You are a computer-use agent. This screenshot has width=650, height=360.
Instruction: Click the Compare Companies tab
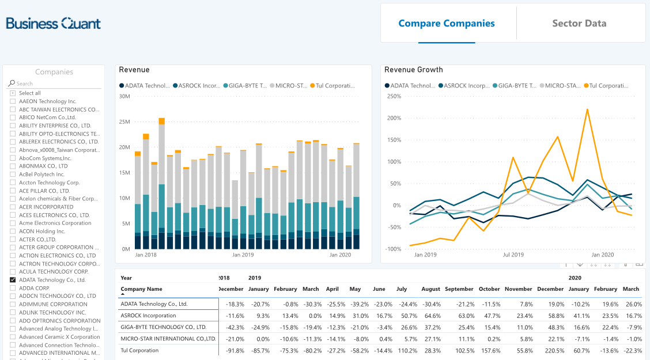tap(447, 24)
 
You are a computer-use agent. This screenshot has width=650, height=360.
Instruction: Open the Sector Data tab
tap(579, 24)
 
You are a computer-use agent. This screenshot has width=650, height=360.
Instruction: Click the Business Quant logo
tap(53, 24)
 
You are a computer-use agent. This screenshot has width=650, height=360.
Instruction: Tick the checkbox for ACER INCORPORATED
tap(13, 207)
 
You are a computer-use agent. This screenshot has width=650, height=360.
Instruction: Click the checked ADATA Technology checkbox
tap(13, 280)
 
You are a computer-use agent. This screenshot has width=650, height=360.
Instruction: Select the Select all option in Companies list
tap(13, 93)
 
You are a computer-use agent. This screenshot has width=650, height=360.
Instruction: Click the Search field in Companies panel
tap(55, 84)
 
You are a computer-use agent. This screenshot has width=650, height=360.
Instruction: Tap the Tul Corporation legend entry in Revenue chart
tap(335, 86)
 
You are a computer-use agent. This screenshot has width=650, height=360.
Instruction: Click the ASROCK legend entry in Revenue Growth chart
tap(464, 86)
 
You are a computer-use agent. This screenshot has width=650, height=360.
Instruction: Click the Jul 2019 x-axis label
tap(513, 255)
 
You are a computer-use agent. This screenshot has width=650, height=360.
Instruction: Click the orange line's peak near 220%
tap(587, 109)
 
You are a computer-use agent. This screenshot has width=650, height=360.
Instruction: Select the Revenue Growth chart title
tap(414, 70)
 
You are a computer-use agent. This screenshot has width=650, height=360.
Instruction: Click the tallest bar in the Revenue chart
tap(162, 184)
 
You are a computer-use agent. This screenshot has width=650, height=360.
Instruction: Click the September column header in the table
tap(459, 289)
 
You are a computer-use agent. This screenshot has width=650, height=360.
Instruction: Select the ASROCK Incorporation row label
tap(148, 316)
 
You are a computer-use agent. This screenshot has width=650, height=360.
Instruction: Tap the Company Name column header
tap(141, 289)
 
